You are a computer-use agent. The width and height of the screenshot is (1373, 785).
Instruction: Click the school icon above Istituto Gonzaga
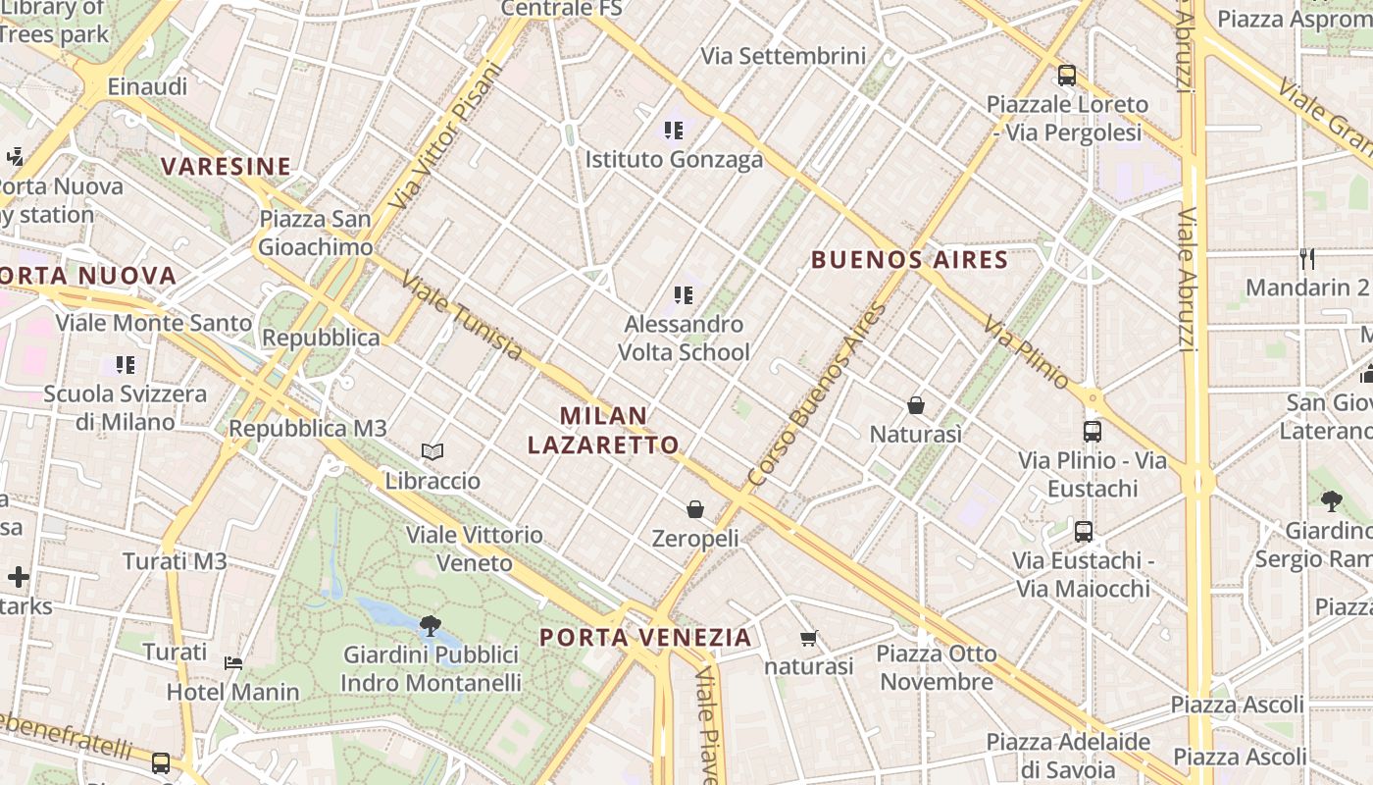click(x=673, y=130)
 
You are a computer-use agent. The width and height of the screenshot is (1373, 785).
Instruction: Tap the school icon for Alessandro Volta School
click(x=684, y=294)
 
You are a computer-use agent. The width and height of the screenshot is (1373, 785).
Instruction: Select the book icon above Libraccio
click(x=432, y=451)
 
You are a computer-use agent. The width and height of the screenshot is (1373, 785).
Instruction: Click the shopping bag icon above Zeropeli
click(x=695, y=509)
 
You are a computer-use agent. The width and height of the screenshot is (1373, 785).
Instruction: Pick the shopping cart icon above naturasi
click(x=808, y=639)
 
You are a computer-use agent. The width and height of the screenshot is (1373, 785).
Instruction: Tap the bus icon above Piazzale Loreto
click(x=1066, y=75)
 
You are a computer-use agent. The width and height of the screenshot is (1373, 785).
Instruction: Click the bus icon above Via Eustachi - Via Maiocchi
click(x=1083, y=532)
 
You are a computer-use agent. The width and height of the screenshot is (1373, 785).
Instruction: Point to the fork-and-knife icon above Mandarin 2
click(x=1306, y=259)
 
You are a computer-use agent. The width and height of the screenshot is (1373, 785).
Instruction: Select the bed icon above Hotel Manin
click(x=233, y=663)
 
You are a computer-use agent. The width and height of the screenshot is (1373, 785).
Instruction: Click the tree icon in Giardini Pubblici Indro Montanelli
click(x=430, y=625)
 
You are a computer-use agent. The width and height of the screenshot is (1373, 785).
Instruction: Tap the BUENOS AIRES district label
click(x=909, y=260)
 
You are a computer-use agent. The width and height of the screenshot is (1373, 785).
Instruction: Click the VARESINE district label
click(x=227, y=167)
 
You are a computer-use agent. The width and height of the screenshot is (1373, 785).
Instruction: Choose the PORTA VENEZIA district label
click(x=645, y=638)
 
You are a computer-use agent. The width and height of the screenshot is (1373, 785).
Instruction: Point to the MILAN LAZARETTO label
click(x=603, y=430)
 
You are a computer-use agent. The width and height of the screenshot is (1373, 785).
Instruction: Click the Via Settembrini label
click(x=783, y=56)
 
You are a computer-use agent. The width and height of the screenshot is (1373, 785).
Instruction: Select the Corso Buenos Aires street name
click(x=816, y=394)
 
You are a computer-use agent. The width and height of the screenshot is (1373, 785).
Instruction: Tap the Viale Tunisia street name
click(x=462, y=316)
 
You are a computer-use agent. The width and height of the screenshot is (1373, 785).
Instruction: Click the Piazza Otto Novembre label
click(x=936, y=667)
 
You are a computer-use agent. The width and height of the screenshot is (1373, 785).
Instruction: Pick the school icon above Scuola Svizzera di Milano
click(x=125, y=365)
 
